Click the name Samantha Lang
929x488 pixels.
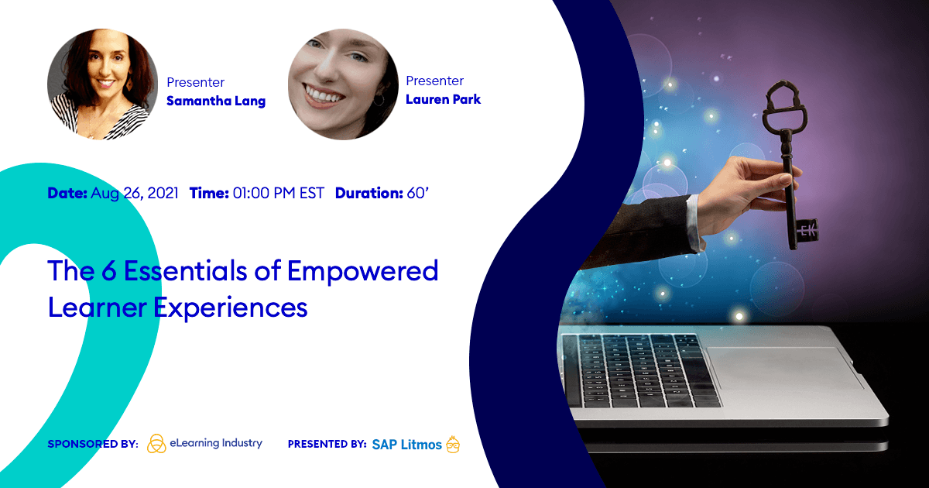point(216,101)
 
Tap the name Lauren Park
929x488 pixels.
point(443,100)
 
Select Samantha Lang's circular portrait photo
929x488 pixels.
point(102,84)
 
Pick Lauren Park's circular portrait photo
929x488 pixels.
point(343,84)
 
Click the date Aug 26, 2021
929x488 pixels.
point(135,194)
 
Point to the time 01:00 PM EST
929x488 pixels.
point(278,194)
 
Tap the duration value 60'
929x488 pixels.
point(417,193)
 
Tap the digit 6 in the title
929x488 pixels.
point(109,270)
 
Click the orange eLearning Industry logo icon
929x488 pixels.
point(156,444)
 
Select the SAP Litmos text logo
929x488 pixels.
point(406,445)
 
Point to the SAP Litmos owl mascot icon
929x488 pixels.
point(453,444)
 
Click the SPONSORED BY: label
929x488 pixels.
point(93,444)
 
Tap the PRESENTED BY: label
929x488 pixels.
point(327,444)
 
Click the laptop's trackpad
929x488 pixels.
point(783,367)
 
